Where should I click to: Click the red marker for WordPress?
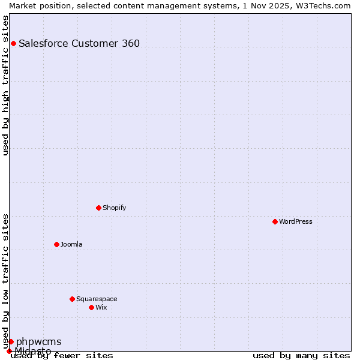point(275,221)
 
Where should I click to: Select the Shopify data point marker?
point(98,208)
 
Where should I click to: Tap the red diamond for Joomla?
point(56,244)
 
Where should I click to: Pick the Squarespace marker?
point(72,299)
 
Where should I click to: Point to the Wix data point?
point(91,307)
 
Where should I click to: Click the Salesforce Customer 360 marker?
point(13,43)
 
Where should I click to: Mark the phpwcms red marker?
point(11,341)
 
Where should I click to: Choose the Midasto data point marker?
point(9,351)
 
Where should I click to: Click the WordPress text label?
point(296,221)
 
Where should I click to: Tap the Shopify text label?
point(115,208)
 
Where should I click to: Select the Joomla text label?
point(71,244)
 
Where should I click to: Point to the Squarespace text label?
point(97,299)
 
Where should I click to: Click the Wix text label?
point(101,307)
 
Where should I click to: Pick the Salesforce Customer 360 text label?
point(79,43)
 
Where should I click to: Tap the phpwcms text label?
point(38,341)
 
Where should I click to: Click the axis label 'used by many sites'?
point(301,355)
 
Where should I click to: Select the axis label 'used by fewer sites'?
point(62,355)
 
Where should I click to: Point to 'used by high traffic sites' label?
point(5,85)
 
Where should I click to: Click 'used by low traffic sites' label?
point(5,281)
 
